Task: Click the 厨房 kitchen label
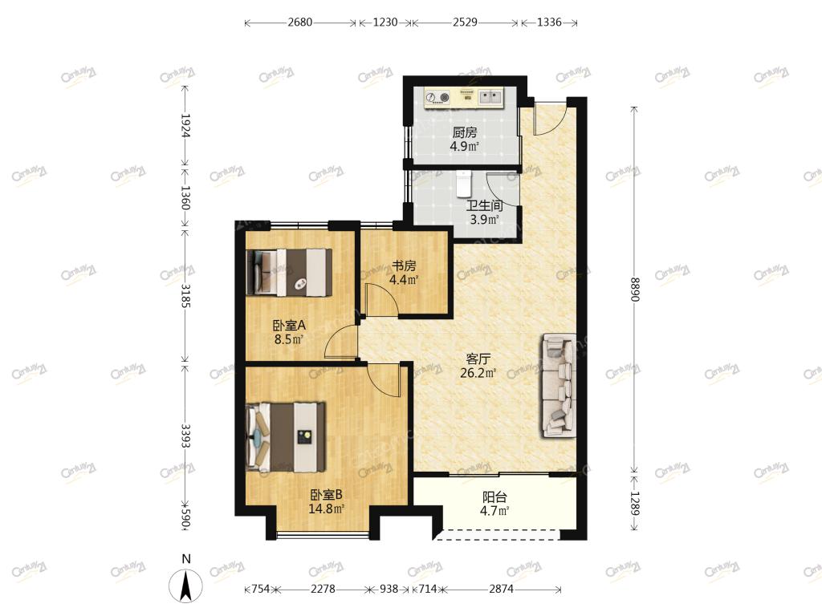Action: (x=465, y=132)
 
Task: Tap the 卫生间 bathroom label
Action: (x=484, y=206)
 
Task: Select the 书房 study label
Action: (x=404, y=265)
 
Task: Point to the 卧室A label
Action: (x=289, y=326)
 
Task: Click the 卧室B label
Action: (x=327, y=494)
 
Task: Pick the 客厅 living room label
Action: (x=478, y=359)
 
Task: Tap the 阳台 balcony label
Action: (x=494, y=496)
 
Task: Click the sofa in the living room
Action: (x=559, y=386)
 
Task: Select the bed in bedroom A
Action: (x=289, y=272)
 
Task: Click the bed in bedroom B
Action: (x=287, y=437)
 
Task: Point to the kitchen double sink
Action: (x=490, y=97)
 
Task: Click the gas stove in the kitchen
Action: (x=438, y=97)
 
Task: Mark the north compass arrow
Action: (x=185, y=586)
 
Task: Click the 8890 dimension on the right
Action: (x=634, y=289)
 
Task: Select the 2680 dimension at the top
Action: (x=300, y=22)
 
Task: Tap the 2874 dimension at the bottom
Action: (x=501, y=589)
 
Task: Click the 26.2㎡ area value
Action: (x=478, y=373)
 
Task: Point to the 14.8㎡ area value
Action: (x=327, y=508)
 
